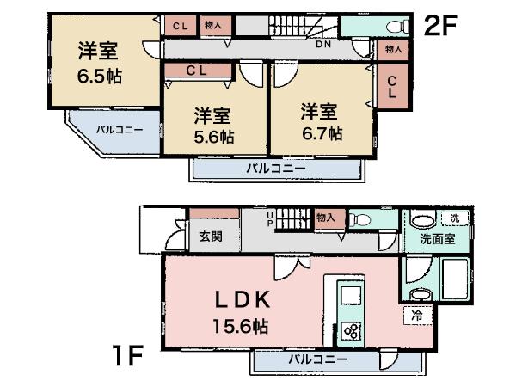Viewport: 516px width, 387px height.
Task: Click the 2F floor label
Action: pos(440,25)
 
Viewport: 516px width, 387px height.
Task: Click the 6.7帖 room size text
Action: pos(322,133)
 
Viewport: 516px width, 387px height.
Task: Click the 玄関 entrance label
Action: pos(211,236)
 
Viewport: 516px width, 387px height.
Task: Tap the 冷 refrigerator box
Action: pos(416,316)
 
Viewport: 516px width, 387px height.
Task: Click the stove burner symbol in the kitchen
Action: pos(351,329)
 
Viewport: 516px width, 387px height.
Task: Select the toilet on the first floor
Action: pos(359,220)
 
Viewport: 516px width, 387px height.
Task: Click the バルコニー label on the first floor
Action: pos(317,359)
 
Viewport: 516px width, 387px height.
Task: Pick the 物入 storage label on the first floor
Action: pos(325,218)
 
